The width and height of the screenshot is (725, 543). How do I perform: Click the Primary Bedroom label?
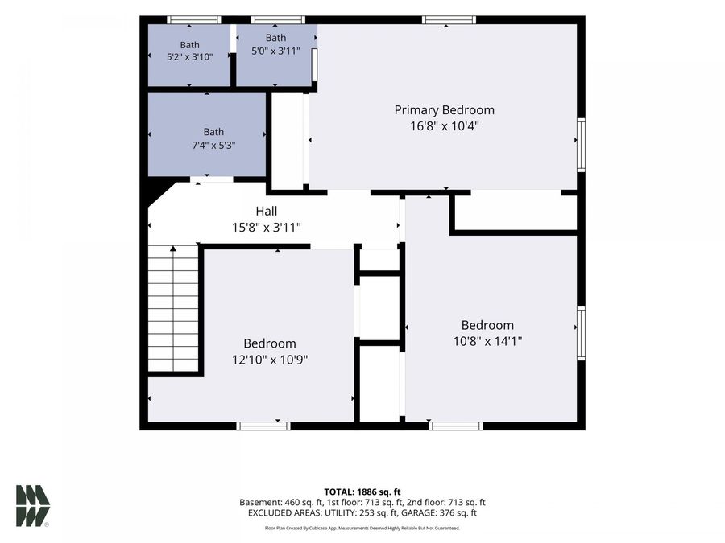pyautogui.click(x=445, y=110)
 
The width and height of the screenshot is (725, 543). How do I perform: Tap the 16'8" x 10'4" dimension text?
pyautogui.click(x=445, y=125)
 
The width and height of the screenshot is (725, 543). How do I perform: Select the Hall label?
pyautogui.click(x=267, y=211)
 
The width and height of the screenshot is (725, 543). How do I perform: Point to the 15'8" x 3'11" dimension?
pyautogui.click(x=267, y=227)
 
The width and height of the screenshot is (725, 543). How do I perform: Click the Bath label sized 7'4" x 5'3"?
pyautogui.click(x=213, y=132)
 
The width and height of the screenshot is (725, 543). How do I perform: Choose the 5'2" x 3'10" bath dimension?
pyautogui.click(x=189, y=57)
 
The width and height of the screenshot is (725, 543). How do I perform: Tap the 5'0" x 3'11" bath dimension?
pyautogui.click(x=276, y=51)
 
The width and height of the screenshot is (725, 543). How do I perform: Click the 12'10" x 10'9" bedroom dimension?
pyautogui.click(x=270, y=360)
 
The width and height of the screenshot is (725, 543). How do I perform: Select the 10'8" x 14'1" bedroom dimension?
pyautogui.click(x=488, y=341)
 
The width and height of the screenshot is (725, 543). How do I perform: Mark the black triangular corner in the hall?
pyautogui.click(x=159, y=193)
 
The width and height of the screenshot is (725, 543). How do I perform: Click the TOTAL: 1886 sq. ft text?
pyautogui.click(x=362, y=492)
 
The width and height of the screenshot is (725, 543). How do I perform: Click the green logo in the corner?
pyautogui.click(x=33, y=506)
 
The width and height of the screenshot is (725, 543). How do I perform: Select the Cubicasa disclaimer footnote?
pyautogui.click(x=362, y=528)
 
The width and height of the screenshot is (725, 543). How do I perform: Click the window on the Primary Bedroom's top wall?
pyautogui.click(x=449, y=20)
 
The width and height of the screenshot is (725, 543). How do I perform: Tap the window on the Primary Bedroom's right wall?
pyautogui.click(x=581, y=145)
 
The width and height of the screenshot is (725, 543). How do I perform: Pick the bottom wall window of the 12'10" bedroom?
pyautogui.click(x=263, y=426)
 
